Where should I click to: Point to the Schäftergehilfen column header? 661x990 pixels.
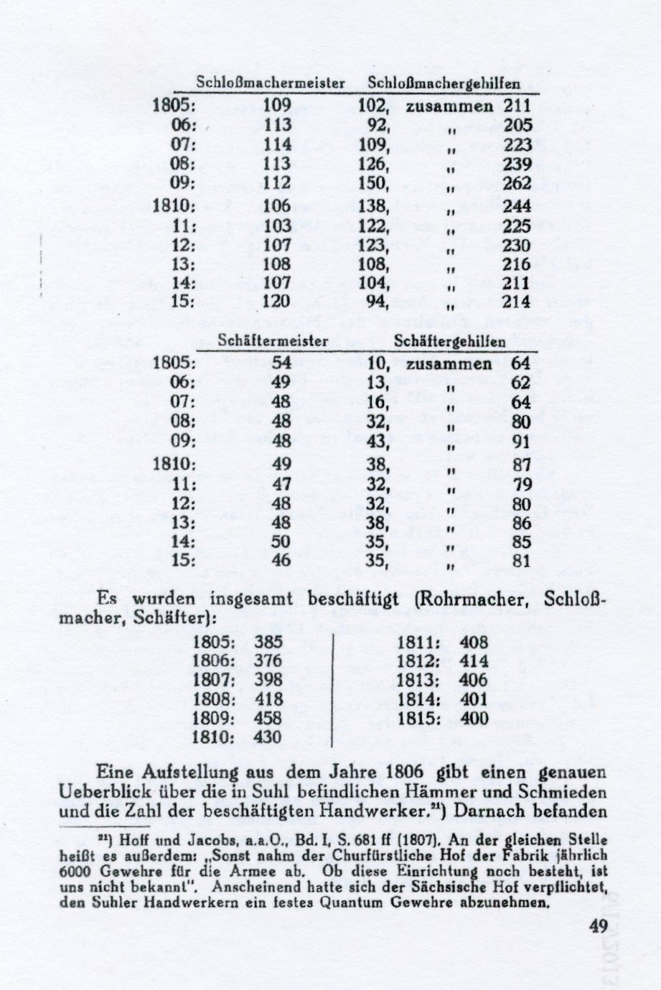(x=449, y=341)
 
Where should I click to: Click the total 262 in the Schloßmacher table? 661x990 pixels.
(x=517, y=184)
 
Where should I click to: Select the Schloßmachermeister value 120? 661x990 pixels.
(x=276, y=301)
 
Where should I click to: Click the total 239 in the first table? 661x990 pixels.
(x=517, y=164)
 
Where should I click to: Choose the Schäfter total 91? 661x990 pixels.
(x=521, y=441)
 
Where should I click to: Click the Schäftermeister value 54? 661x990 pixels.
(x=281, y=363)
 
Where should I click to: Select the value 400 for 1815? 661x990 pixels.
(x=474, y=718)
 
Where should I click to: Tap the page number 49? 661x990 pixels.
(x=598, y=927)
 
